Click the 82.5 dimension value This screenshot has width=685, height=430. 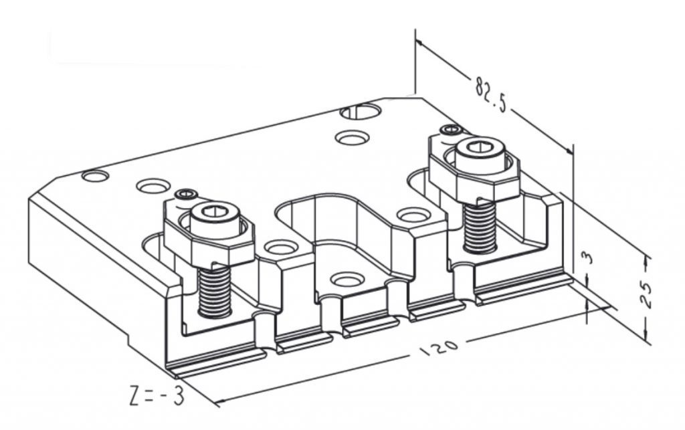pyautogui.click(x=490, y=96)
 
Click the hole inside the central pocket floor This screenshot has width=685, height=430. pyautogui.click(x=347, y=280)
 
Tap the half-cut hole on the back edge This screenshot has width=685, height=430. pyautogui.click(x=360, y=112)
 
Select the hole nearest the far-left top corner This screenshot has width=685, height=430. pyautogui.click(x=95, y=177)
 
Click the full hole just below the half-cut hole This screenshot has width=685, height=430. pyautogui.click(x=353, y=138)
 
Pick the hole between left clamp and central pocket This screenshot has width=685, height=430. pyautogui.click(x=280, y=247)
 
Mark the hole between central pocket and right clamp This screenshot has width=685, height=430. pyautogui.click(x=411, y=215)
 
